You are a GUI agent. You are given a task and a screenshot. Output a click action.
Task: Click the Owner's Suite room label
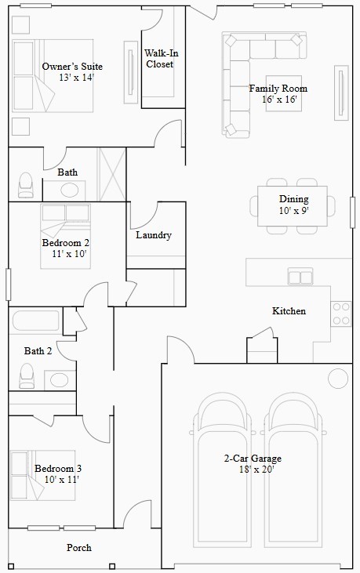click(x=72, y=67)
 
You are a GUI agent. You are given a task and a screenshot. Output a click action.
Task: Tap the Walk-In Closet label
click(x=160, y=59)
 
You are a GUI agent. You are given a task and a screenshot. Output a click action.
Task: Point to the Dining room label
click(x=293, y=199)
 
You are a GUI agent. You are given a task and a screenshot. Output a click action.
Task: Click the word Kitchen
click(x=289, y=311)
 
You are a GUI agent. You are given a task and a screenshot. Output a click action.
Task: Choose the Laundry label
click(x=153, y=235)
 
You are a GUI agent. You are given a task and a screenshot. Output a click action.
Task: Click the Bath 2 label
click(x=38, y=351)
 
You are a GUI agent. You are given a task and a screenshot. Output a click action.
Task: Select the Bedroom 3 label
click(x=58, y=469)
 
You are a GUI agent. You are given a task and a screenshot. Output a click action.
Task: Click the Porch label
click(x=78, y=548)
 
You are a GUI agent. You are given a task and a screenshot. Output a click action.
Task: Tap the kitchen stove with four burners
click(x=341, y=313)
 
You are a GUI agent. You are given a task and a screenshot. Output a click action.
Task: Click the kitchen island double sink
click(x=300, y=276)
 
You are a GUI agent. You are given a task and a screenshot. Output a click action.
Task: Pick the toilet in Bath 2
click(x=27, y=377)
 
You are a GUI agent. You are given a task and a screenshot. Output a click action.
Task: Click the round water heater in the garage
click(x=338, y=378)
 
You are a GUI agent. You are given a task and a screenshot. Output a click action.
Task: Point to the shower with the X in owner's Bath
click(x=111, y=174)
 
